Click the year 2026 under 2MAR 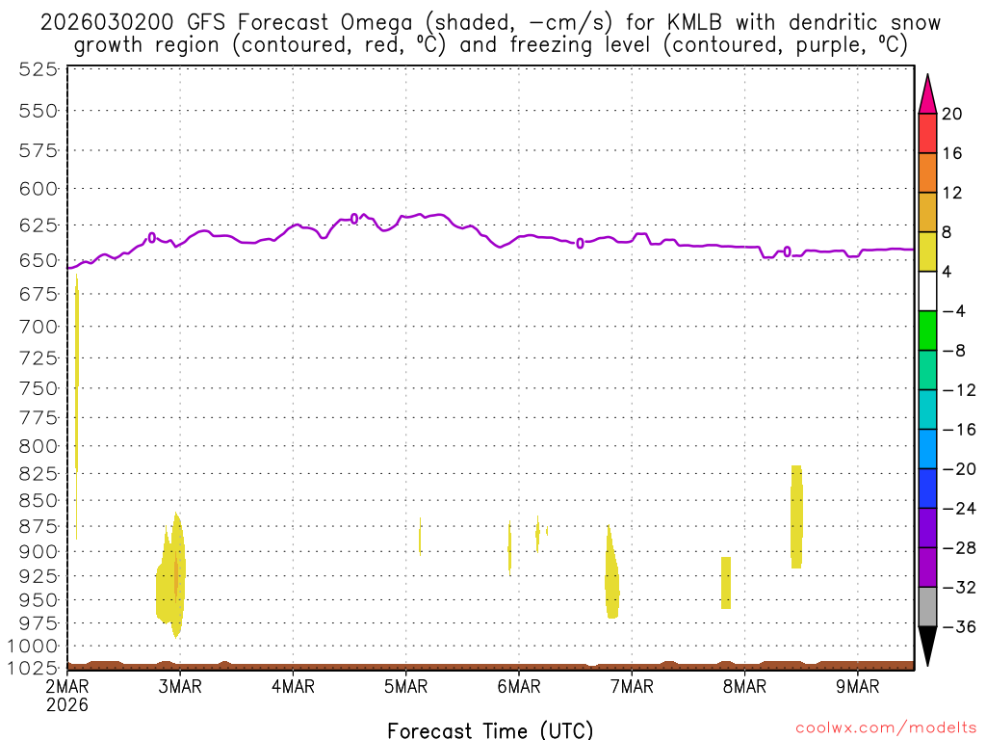click(66, 704)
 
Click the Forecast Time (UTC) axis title click(490, 729)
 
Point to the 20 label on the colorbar click(952, 114)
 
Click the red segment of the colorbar click(927, 133)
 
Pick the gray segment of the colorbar click(927, 607)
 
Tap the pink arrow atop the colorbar click(927, 94)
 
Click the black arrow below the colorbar click(927, 646)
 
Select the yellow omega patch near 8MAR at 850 click(796, 515)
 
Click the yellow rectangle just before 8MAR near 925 click(726, 582)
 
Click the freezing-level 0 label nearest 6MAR click(580, 243)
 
